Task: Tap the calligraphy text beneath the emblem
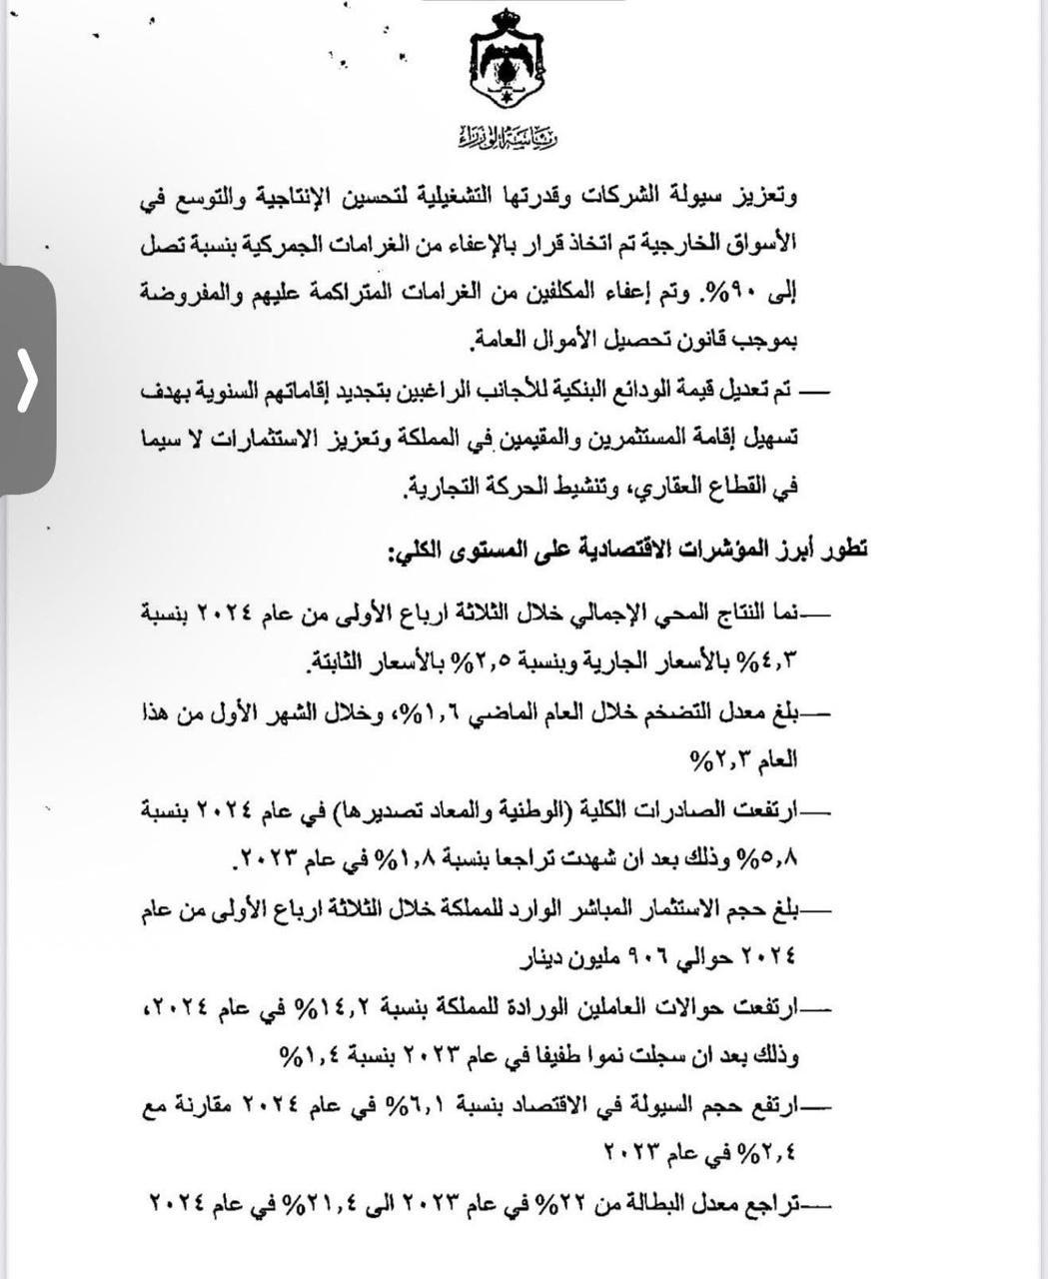[x=511, y=136]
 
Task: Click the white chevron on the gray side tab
[x=27, y=380]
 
